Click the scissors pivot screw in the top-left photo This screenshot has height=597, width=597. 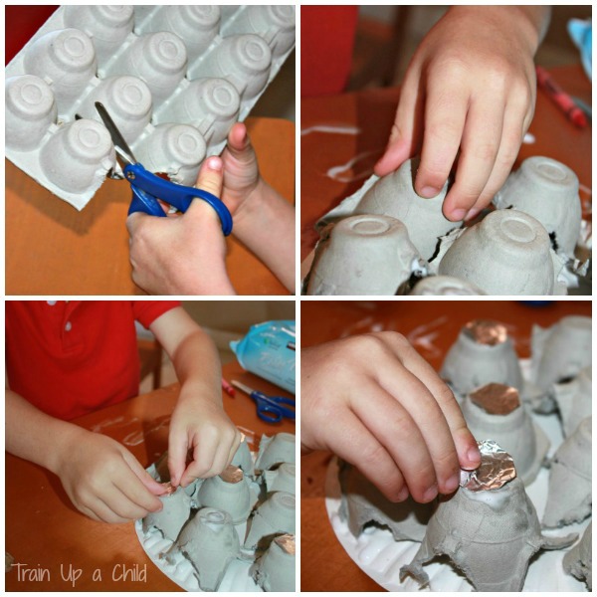click(130, 175)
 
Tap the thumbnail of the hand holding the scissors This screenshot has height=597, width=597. click(214, 163)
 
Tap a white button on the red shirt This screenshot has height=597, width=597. click(68, 326)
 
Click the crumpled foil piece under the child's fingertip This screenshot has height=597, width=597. click(488, 465)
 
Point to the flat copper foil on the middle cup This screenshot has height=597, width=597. click(495, 399)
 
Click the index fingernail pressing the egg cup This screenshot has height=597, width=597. click(429, 191)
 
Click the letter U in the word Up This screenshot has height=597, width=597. click(64, 571)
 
